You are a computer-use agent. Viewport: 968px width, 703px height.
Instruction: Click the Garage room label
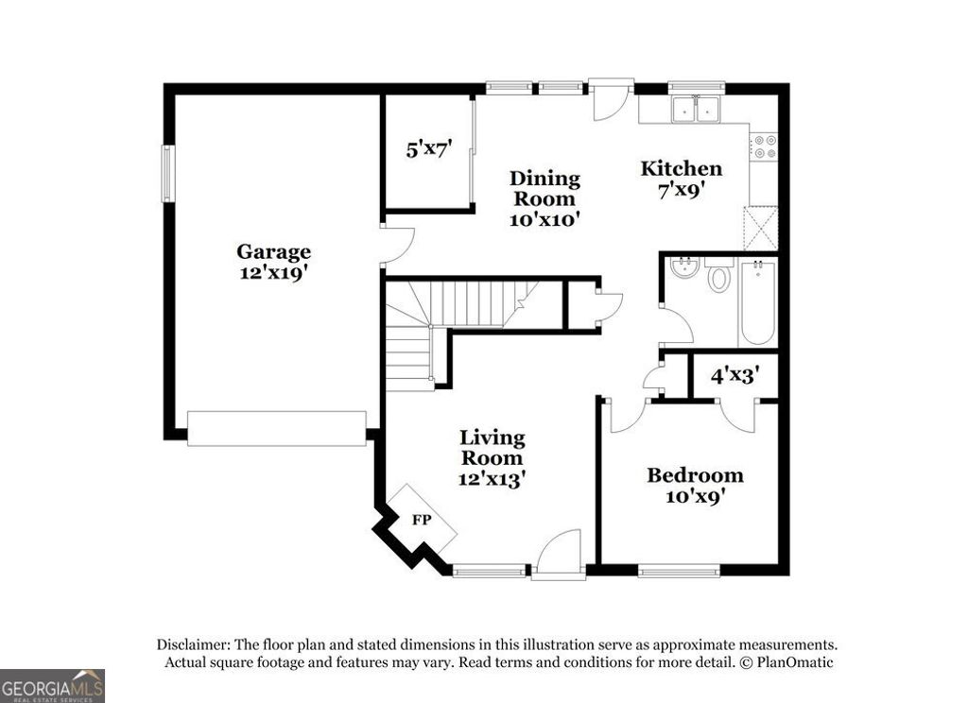click(x=273, y=252)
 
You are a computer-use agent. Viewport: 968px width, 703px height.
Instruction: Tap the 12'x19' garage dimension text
click(x=273, y=274)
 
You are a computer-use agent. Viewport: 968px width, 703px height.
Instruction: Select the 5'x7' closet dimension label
click(x=428, y=148)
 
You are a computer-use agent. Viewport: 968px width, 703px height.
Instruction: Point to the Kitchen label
click(x=681, y=169)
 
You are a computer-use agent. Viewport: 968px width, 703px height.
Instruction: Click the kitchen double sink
click(x=695, y=110)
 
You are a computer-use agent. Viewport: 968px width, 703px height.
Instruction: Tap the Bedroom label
click(x=694, y=474)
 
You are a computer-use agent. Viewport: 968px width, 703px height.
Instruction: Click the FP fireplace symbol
click(x=420, y=519)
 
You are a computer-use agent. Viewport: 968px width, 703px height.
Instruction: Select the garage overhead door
click(x=277, y=428)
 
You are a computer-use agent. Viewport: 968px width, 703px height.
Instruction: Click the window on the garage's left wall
click(x=168, y=172)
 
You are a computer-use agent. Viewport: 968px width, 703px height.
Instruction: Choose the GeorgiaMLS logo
click(x=52, y=685)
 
